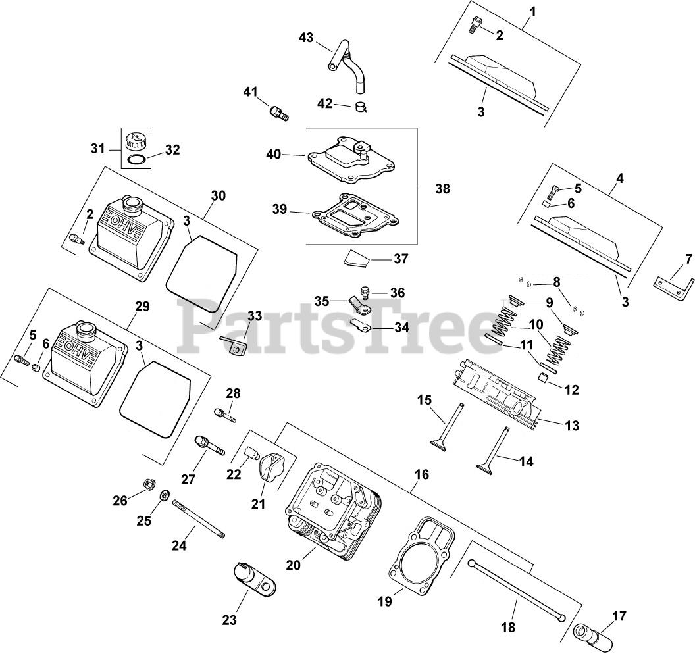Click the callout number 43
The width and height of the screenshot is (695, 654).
[x=306, y=38]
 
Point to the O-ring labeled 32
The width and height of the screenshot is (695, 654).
[x=136, y=161]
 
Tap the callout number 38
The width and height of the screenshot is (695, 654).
[x=442, y=188]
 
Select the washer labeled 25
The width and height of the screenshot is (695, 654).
[x=165, y=494]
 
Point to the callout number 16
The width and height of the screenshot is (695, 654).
[x=422, y=474]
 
